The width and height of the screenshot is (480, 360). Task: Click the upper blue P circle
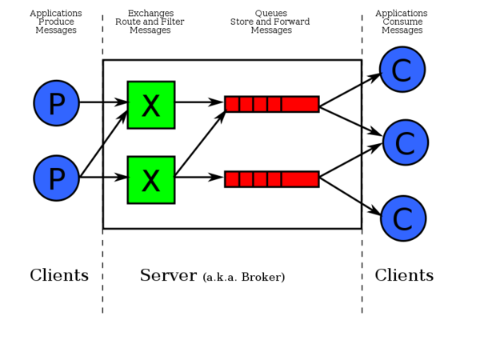[x=56, y=104]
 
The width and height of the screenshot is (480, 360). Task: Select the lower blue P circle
[x=56, y=178]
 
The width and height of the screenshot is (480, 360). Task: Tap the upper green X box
[x=150, y=104]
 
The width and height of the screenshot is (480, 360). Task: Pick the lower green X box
[x=150, y=180]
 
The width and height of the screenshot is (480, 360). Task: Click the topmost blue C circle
[x=402, y=70]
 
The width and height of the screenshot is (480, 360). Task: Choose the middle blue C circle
[x=406, y=144]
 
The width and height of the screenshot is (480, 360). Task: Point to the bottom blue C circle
[x=403, y=218]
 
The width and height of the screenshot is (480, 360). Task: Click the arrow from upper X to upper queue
[x=198, y=102]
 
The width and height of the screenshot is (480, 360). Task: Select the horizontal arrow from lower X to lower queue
[x=198, y=178]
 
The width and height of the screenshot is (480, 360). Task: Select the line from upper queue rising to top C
[x=340, y=94]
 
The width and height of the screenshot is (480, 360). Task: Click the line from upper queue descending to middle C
[x=340, y=115]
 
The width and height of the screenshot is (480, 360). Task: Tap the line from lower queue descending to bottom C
[x=340, y=190]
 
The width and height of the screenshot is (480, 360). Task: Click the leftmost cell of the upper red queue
[x=232, y=104]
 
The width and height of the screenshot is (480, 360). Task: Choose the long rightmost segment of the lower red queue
[x=300, y=179]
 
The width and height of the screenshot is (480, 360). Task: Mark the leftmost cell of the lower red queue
[x=232, y=179]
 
